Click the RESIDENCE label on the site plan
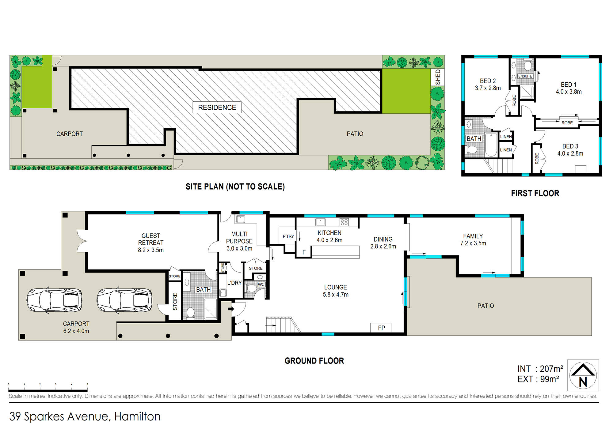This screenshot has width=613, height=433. (x=217, y=107)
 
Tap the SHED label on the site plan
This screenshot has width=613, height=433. (x=438, y=77)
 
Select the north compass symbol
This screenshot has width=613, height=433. (x=583, y=375)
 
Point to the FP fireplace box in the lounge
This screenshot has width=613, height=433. (x=381, y=328)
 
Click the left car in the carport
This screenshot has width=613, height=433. (x=54, y=300)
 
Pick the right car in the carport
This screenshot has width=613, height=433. (x=124, y=300)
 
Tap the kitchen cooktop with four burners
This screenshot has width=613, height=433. (x=344, y=222)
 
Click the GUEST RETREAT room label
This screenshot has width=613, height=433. (x=151, y=239)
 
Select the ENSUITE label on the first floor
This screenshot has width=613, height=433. (x=525, y=76)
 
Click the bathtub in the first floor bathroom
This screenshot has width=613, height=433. (x=491, y=145)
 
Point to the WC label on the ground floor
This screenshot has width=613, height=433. (x=261, y=284)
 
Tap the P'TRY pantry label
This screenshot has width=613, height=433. (x=288, y=236)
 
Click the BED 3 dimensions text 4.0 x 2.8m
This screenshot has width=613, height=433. (x=570, y=153)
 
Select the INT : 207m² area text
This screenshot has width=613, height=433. (x=540, y=369)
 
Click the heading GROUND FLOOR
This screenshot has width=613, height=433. (x=314, y=361)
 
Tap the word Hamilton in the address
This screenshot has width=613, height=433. (x=137, y=416)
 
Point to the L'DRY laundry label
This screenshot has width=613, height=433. (x=234, y=283)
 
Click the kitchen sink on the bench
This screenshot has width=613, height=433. (x=320, y=222)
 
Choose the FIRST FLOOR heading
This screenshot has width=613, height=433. (x=535, y=193)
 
